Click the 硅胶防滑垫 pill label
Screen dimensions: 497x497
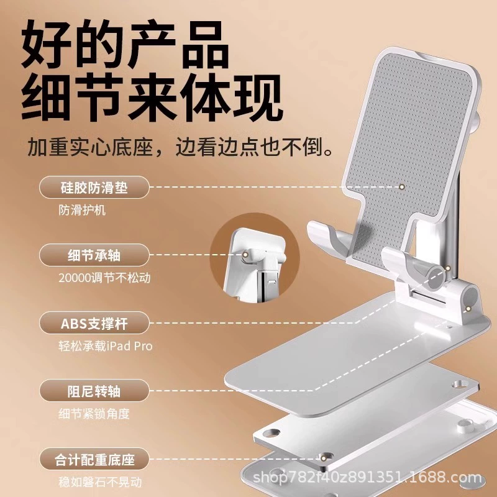[94, 188]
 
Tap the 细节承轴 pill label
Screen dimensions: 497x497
[94, 255]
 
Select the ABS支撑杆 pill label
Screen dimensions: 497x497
[94, 323]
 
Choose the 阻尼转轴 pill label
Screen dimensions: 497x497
[94, 391]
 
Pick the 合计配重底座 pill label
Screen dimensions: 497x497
[94, 459]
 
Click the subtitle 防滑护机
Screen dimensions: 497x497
[82, 210]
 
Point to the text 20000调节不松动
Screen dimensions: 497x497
[104, 278]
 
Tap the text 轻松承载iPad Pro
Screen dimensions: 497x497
[106, 346]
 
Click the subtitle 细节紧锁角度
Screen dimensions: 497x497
[94, 414]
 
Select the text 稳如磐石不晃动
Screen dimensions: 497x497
[100, 482]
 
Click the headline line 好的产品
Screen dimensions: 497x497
[125, 43]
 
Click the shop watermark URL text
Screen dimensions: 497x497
[367, 477]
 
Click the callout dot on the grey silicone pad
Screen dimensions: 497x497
[402, 187]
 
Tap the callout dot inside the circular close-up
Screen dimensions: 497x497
[245, 255]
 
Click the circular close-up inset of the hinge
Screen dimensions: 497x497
[255, 258]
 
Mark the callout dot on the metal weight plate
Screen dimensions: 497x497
[323, 458]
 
